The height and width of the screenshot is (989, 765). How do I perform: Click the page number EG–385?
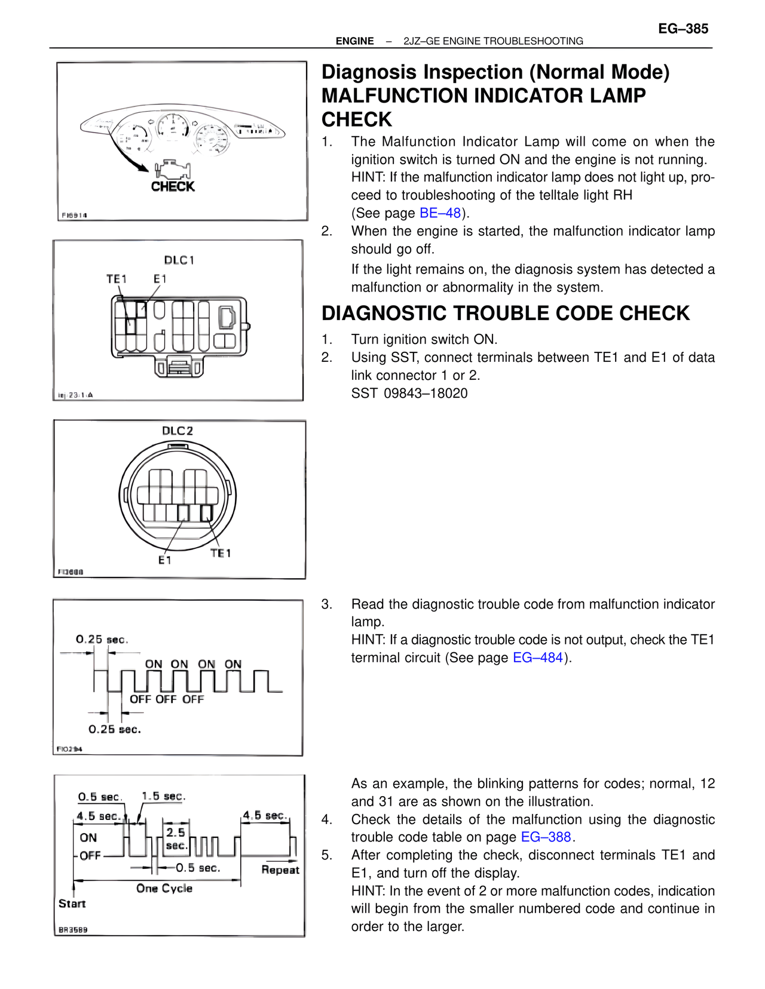tap(683, 29)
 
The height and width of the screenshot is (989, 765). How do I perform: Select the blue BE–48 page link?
tap(440, 213)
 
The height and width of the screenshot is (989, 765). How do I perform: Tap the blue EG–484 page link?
tap(538, 658)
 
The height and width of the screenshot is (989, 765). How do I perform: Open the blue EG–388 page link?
tap(546, 837)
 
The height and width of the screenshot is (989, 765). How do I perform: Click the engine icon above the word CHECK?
tap(172, 169)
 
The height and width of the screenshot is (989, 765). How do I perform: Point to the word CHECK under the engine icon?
tap(173, 187)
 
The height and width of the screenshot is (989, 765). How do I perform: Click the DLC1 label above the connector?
tap(179, 260)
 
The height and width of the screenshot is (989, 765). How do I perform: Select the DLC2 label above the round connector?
tap(178, 431)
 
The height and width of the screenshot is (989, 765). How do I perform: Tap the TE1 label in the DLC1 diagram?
tap(117, 279)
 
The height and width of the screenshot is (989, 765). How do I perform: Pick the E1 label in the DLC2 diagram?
tap(165, 560)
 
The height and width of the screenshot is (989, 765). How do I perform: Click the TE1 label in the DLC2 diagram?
tap(221, 554)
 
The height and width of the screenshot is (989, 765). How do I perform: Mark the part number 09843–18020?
tap(426, 394)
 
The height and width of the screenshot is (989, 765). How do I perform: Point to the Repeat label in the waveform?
tap(280, 870)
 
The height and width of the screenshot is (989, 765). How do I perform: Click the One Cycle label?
tap(164, 889)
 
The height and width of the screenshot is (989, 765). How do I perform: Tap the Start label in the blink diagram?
tap(72, 904)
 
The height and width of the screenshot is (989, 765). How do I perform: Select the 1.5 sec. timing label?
tap(163, 796)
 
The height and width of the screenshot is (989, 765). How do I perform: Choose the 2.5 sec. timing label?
tap(176, 838)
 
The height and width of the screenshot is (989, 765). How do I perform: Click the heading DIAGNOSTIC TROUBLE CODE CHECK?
tap(506, 314)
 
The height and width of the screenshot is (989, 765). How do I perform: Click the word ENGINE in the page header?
tap(354, 41)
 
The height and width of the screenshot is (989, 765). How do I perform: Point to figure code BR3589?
tap(73, 930)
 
